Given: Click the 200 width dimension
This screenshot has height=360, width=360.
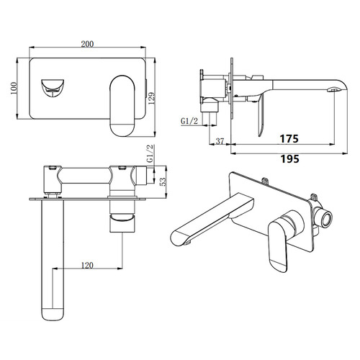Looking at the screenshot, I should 88,44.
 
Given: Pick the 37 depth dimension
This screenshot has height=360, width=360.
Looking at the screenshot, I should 220,141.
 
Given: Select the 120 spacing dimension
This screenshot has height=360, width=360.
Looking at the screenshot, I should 86,265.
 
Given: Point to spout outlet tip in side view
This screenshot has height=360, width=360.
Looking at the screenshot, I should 336,89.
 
